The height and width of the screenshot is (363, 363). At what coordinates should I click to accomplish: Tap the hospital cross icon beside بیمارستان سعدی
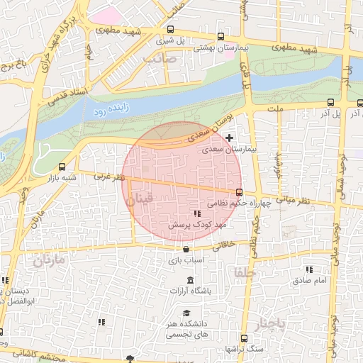[228, 137]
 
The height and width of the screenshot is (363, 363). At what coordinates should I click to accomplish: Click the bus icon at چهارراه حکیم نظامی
[239, 191]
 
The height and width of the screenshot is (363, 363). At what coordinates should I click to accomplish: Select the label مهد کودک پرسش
[196, 224]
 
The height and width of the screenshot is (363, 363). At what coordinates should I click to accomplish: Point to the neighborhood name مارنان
[48, 260]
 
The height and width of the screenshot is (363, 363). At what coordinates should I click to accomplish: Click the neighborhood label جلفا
[242, 272]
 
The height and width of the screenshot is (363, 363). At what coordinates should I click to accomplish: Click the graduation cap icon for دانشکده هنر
[186, 313]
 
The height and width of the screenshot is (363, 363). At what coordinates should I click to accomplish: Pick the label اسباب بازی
[186, 260]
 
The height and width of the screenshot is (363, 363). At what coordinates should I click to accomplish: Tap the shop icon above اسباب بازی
[186, 249]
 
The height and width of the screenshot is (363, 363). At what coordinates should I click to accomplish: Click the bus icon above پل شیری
[170, 30]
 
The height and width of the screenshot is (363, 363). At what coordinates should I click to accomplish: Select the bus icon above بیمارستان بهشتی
[220, 36]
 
